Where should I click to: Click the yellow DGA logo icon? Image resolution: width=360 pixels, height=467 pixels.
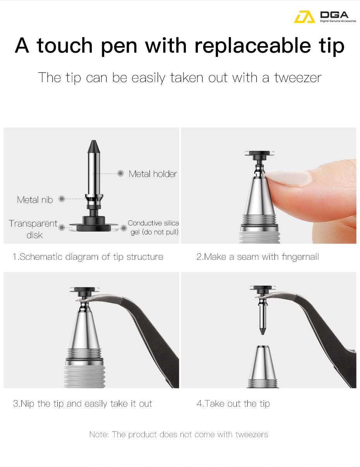pos(304,17)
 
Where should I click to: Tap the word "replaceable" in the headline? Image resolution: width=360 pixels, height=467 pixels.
pos(253,46)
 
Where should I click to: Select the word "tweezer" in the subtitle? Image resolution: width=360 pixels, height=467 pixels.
pos(298,77)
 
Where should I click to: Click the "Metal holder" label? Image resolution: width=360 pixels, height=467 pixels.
pos(153,174)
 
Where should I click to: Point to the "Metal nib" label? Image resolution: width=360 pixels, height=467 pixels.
pos(35,200)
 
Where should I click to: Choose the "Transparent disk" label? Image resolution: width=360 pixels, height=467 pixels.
pos(33,229)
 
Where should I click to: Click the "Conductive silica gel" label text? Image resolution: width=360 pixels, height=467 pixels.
pos(153,228)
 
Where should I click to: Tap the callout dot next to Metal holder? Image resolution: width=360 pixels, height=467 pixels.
pos(121,173)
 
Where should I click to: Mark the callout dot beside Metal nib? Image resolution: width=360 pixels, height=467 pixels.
pos(62,199)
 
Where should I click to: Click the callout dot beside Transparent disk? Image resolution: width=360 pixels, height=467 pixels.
pos(62,227)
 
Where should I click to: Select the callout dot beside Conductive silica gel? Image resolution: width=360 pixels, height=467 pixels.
pos(124,228)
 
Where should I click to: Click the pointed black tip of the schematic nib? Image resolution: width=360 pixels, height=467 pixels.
pos(94,141)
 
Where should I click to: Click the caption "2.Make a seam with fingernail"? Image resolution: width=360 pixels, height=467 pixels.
pos(258,257)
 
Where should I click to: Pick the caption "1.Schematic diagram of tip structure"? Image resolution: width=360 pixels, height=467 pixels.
pos(88,257)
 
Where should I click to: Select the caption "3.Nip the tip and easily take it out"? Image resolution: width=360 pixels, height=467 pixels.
pos(82,403)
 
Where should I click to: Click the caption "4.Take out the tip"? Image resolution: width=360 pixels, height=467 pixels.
pos(233,403)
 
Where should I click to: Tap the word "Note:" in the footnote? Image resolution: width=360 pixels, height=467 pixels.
pos(99,434)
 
